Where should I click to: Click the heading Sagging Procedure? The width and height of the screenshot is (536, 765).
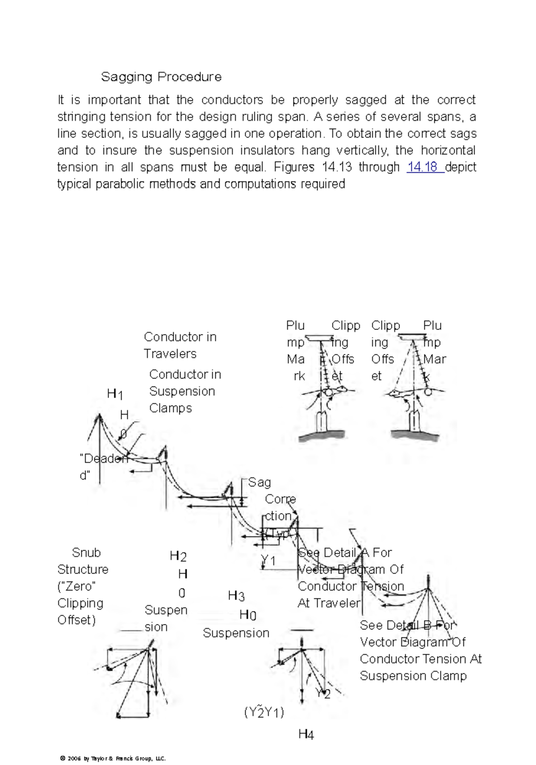pos(161,77)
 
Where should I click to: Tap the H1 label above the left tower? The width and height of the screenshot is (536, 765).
pos(115,394)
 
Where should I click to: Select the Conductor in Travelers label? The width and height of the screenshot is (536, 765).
pos(180,345)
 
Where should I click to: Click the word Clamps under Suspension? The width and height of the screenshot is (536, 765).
pos(171,408)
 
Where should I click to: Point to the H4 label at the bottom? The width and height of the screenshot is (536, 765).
pos(306,734)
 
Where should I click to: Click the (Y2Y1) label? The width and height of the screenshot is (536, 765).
pos(264,712)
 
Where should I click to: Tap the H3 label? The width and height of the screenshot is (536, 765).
pos(236,596)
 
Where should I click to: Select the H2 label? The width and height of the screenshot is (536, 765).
pos(178,556)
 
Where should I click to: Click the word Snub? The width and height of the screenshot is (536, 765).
pos(86,553)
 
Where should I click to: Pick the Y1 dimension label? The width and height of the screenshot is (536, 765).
pos(268,561)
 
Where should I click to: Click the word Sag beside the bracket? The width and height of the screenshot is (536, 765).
pos(260,482)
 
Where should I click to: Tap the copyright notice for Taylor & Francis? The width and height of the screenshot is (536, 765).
pos(113,758)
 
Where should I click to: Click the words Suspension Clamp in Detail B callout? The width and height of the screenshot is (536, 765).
pos(413,676)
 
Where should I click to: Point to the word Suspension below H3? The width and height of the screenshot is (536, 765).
pos(236,633)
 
